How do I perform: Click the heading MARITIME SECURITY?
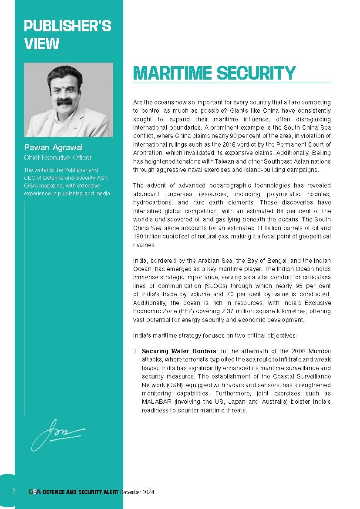pyautogui.click(x=214, y=73)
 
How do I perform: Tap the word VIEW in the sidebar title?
pyautogui.click(x=42, y=44)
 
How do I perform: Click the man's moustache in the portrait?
pyautogui.click(x=64, y=101)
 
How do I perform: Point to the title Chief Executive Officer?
pyautogui.click(x=57, y=158)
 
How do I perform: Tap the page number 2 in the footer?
pyautogui.click(x=13, y=492)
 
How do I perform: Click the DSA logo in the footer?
pyautogui.click(x=35, y=492)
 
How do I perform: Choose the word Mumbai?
pyautogui.click(x=320, y=351)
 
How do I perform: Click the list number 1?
pyautogui.click(x=135, y=351)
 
